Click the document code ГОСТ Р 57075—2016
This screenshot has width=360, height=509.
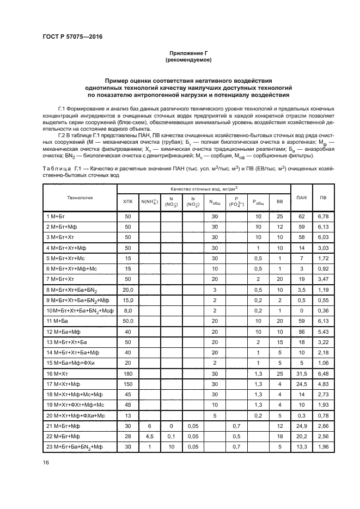pyautogui.click(x=72, y=36)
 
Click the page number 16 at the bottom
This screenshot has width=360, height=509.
pyautogui.click(x=45, y=463)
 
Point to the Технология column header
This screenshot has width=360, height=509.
pyautogui.click(x=80, y=198)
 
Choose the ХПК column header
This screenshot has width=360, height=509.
pyautogui.click(x=128, y=201)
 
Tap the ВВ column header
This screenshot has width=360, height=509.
pyautogui.click(x=279, y=201)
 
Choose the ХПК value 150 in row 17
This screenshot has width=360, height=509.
pyautogui.click(x=128, y=385)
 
